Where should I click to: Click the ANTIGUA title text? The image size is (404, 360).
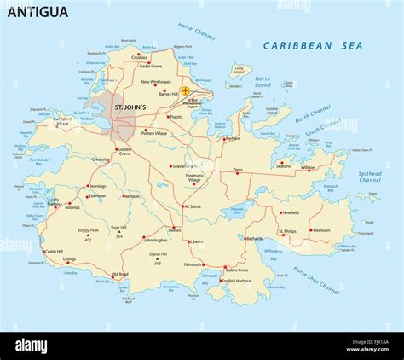(x=38, y=12)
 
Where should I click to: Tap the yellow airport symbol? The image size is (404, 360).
(x=187, y=90)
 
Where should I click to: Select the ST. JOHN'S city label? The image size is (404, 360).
(x=130, y=107)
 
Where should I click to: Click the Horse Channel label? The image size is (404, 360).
(x=197, y=32)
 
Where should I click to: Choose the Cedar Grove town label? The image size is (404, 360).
(x=150, y=66)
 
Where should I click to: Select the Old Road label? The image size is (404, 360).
(x=120, y=274)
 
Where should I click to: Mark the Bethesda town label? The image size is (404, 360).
(x=254, y=239)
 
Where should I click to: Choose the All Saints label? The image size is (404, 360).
(x=193, y=206)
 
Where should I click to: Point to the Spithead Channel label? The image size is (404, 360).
(x=370, y=177)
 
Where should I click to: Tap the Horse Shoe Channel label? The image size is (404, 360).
(x=316, y=280)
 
